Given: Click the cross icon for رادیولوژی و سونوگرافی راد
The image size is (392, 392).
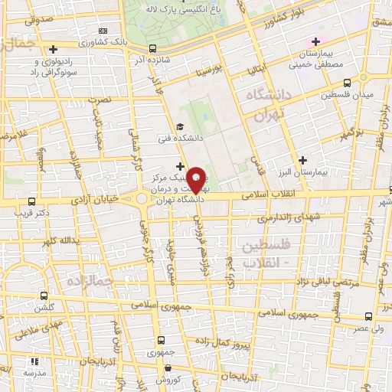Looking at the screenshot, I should point(53,49).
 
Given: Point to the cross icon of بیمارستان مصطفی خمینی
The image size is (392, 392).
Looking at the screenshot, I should point(314,41).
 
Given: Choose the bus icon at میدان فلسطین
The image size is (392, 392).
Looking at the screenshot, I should point(347,83).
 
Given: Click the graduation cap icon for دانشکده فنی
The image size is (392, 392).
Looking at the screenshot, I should point(179,127).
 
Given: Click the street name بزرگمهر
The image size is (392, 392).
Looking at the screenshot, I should point(351,131).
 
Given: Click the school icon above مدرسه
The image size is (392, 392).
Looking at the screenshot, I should point(34,361).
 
